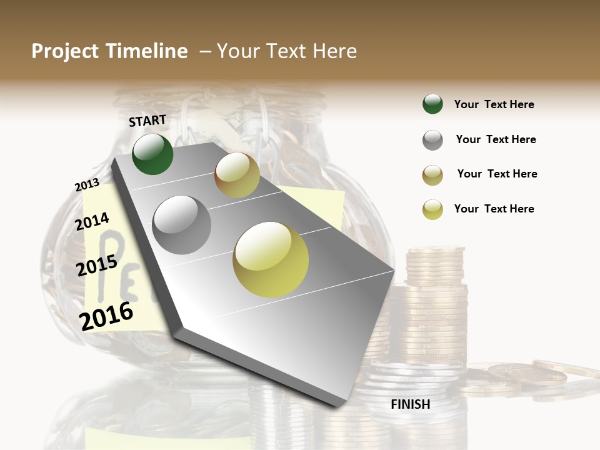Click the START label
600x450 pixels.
coord(147,121)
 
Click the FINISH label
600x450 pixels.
coord(410,404)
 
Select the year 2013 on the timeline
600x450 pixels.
coord(87,185)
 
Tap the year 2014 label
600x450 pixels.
coord(92,221)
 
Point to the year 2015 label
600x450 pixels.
coord(97,266)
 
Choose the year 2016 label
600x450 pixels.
coord(106,316)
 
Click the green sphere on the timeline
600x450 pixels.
coord(152,154)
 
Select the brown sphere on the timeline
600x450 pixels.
coord(237,175)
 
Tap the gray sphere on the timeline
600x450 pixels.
coord(182,224)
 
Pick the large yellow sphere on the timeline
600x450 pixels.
coord(271,259)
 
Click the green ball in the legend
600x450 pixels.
coord(432,104)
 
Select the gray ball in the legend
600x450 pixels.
coord(432,140)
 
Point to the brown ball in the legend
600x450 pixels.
coord(432,175)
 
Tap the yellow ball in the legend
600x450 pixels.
coord(432,209)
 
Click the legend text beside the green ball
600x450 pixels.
coord(494,104)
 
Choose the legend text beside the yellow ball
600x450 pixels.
coord(494,209)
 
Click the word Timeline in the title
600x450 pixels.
coord(147,51)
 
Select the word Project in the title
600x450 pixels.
coord(64,51)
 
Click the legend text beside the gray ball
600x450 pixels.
coord(496,139)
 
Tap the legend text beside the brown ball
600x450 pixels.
coord(497,174)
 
